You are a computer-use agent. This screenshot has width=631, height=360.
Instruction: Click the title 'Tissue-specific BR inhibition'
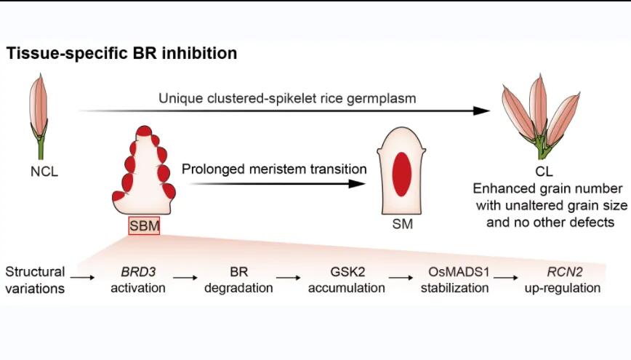[121, 54]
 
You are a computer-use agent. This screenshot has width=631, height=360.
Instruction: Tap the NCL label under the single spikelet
[44, 172]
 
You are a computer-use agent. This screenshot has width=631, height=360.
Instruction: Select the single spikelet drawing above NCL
[39, 116]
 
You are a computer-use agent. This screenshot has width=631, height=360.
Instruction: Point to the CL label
[544, 172]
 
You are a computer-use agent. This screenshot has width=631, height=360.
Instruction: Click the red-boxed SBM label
[144, 225]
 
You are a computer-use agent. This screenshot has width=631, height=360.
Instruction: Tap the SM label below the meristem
[403, 224]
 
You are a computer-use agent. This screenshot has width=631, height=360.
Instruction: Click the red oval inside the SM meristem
[401, 175]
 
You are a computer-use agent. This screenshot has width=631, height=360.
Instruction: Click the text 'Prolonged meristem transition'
[274, 169]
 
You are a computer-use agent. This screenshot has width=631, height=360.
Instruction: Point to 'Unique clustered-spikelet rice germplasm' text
[287, 99]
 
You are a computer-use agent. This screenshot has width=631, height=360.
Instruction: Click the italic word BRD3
[138, 272]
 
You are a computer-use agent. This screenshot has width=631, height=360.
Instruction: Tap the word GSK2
[347, 272]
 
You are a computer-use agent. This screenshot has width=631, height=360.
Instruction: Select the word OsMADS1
[459, 272]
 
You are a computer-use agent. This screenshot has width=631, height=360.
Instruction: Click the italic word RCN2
[565, 272]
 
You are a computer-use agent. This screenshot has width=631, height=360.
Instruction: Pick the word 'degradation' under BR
[238, 288]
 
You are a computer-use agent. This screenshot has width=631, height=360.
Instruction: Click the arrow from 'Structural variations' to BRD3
[82, 277]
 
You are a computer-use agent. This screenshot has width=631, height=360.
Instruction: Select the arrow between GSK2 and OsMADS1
[401, 277]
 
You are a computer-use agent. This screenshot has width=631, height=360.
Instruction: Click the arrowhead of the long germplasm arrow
[482, 111]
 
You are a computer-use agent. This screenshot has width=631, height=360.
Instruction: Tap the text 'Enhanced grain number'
[547, 189]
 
